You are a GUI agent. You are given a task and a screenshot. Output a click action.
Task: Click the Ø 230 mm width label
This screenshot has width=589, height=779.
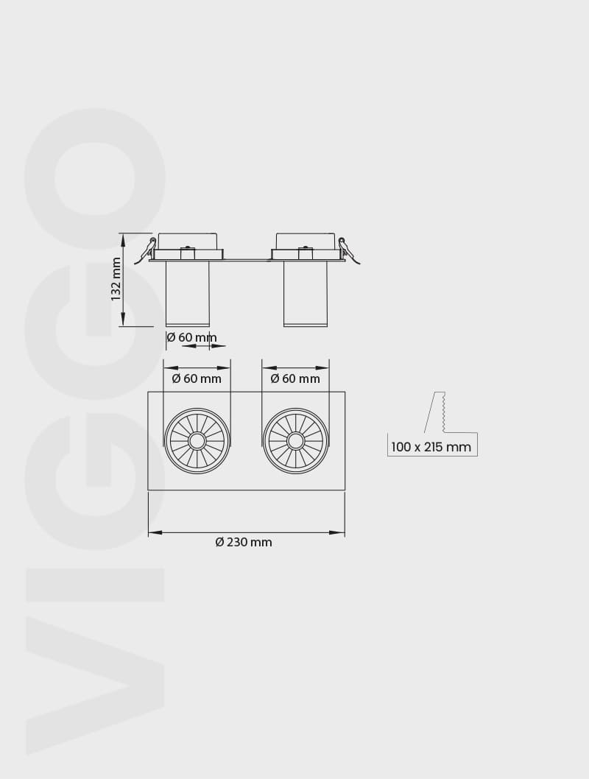(244, 542)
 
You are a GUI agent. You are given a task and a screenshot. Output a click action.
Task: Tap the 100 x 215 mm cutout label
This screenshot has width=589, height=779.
(431, 447)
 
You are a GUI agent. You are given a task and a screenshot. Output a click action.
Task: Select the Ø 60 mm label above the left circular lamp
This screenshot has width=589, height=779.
(197, 378)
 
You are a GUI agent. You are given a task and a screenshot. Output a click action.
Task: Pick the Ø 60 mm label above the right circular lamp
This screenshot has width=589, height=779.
(295, 378)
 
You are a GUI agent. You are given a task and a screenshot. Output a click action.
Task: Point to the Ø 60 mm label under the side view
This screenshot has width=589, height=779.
(191, 337)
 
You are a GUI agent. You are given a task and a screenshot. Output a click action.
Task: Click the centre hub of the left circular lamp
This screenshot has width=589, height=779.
(197, 440)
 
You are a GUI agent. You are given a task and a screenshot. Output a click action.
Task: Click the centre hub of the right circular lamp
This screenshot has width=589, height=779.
(295, 440)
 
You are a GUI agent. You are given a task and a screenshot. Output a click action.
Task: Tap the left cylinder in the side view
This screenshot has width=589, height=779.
(187, 293)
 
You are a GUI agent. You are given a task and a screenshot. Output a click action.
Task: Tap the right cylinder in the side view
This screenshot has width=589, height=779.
(306, 293)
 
